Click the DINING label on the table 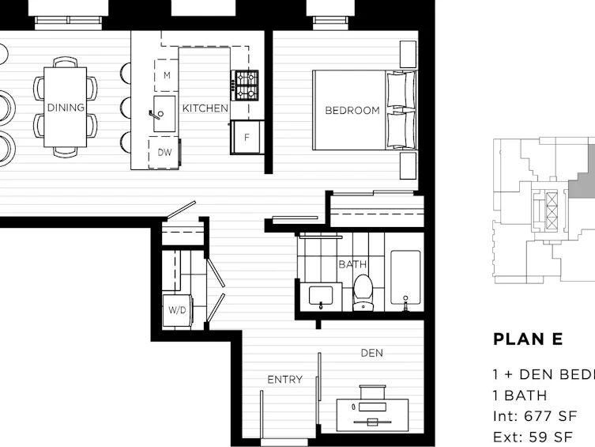point(66,108)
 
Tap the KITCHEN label point(205,108)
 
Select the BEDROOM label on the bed point(352,110)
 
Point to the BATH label point(352,264)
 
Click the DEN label point(372,353)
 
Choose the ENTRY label point(284,380)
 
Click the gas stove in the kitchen point(245,85)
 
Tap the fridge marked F point(247,137)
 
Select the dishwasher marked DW point(164,152)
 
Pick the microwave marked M point(167,75)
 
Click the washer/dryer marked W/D point(177,310)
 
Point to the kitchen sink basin point(164,114)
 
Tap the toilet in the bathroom point(363,293)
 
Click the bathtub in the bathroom point(405,277)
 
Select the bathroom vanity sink point(321,296)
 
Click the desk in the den point(372,415)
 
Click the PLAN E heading point(528,339)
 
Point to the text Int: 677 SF point(535,416)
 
